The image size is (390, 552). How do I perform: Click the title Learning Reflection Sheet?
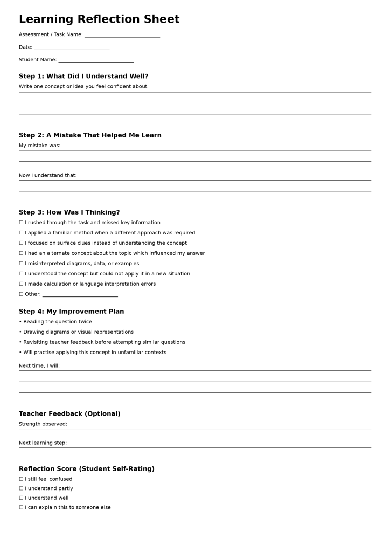99,19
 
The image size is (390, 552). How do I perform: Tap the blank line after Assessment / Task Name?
122,36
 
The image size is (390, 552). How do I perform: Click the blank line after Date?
72,48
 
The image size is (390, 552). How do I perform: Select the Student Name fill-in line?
96,60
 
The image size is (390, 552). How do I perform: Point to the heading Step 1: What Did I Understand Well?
83,77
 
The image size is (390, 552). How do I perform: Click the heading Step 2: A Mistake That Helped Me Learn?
90,135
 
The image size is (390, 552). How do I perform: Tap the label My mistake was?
40,146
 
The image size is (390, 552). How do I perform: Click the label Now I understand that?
48,175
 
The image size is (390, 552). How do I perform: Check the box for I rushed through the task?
21,223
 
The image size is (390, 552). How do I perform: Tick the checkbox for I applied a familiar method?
21,233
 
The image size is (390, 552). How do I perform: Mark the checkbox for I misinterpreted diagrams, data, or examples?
21,264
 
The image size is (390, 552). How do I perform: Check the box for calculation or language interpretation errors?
21,284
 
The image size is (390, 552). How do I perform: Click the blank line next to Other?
80,295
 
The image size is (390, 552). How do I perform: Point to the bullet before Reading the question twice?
20,322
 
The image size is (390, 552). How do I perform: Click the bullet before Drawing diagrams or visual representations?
20,332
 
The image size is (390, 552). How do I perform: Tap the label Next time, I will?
39,366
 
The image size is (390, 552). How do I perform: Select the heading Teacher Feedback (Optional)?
69,414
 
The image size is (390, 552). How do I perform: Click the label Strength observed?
43,424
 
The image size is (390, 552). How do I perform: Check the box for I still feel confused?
21,479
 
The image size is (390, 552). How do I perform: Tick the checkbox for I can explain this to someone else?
21,507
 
